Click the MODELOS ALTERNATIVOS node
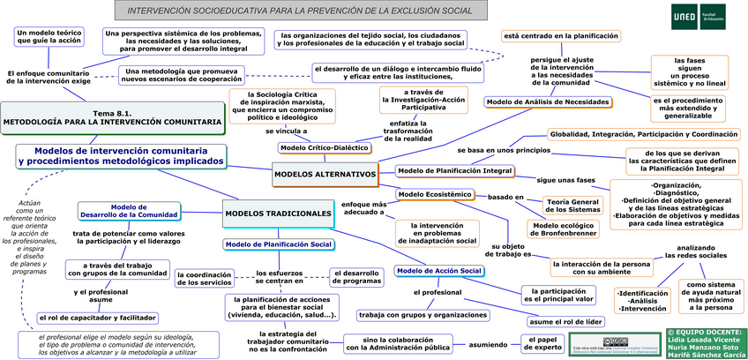[325, 175]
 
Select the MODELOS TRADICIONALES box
[271, 214]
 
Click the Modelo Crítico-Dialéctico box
[325, 147]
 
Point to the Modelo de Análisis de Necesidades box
[548, 101]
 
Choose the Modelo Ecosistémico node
[436, 194]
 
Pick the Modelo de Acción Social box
[438, 270]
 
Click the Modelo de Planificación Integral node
[454, 169]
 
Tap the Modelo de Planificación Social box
[278, 244]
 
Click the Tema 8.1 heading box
[112, 118]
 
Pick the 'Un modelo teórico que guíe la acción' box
[49, 36]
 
